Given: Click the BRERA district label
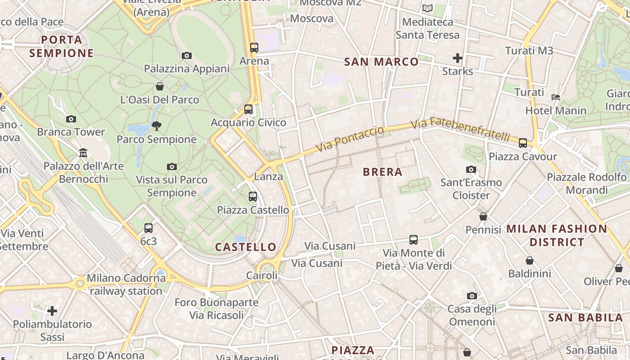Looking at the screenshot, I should point(382,172).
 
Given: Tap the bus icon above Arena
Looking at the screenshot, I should point(254,47).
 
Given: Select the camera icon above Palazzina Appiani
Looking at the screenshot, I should point(187,55).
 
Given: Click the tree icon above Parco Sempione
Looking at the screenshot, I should point(157,126).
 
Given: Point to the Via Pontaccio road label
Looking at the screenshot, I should point(350,139).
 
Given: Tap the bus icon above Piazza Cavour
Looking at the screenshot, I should point(522,143).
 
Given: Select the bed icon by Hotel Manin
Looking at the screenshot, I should point(556,97).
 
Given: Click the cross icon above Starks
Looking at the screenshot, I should point(458,58).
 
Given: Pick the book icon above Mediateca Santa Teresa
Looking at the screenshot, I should point(427,8).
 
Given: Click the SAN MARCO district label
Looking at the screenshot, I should point(381,62).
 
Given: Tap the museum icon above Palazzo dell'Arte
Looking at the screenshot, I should point(83,153).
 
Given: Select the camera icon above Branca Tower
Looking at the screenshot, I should point(71,119).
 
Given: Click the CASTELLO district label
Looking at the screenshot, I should point(245,247).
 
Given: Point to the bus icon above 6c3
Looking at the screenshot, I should point(148,228).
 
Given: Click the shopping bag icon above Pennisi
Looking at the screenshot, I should point(483,216).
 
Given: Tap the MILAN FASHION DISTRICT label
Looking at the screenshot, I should point(557,235).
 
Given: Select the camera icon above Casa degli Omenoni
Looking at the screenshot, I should point(472,296).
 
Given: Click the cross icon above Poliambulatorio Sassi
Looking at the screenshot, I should point(52,310).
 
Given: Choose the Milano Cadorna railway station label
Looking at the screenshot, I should point(126,284).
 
